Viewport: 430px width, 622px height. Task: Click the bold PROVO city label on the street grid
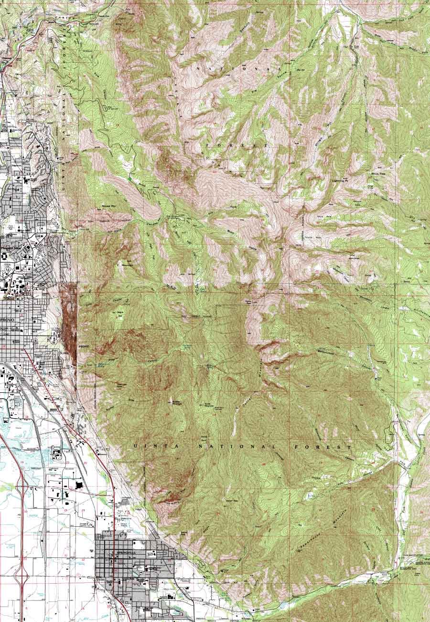coord(8,319)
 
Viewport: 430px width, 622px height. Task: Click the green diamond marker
coord(129,179)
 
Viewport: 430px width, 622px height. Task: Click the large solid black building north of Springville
coord(79,485)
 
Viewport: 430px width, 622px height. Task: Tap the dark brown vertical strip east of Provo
coord(70,321)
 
